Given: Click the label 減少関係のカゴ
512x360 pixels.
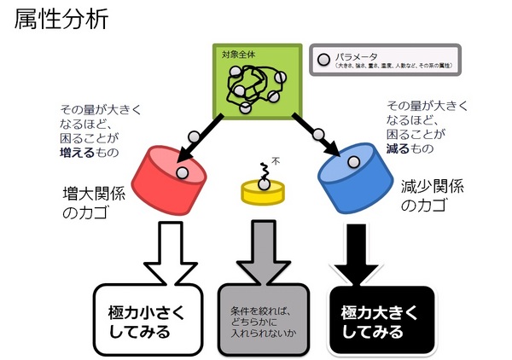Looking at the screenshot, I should tap(434, 194).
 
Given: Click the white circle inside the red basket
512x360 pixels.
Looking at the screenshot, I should tap(182, 173).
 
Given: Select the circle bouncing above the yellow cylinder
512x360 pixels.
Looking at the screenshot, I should tap(261, 166).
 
